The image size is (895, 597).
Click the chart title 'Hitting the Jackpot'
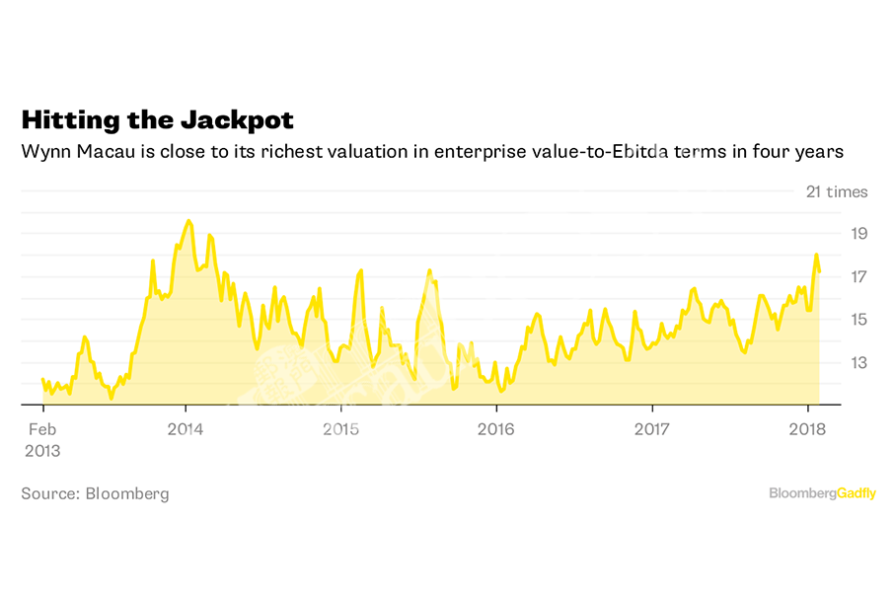(158, 120)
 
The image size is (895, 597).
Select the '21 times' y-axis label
(837, 191)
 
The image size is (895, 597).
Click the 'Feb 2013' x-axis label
(41, 440)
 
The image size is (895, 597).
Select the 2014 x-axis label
(186, 429)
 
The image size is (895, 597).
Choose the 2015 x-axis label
(340, 429)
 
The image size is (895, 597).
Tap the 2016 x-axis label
(495, 429)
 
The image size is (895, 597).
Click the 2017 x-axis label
(651, 429)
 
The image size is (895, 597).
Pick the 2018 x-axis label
(807, 429)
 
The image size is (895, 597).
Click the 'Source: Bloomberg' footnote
(95, 493)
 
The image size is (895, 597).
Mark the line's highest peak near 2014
(188, 221)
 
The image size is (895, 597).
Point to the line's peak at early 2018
(816, 255)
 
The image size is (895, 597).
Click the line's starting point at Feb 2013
(42, 379)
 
